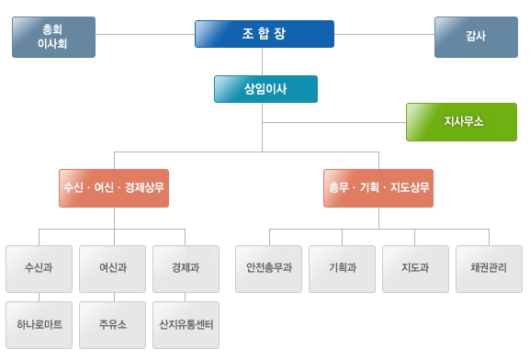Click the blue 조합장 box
(x=264, y=33)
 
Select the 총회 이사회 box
(x=53, y=37)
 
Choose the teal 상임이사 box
(x=265, y=89)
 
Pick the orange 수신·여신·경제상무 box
(x=114, y=187)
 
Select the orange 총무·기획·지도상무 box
(x=378, y=187)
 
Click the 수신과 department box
(x=39, y=268)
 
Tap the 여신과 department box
(x=113, y=268)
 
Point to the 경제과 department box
(x=186, y=268)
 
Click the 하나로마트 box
(x=39, y=324)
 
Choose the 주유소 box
(x=113, y=324)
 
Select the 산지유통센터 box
(x=186, y=324)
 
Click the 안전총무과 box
(x=268, y=268)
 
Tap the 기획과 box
(x=342, y=268)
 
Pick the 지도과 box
(x=415, y=268)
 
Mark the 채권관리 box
(x=489, y=268)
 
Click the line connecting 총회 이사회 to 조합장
(x=144, y=34)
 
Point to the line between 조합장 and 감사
(x=383, y=34)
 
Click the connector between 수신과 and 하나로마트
(x=39, y=297)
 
